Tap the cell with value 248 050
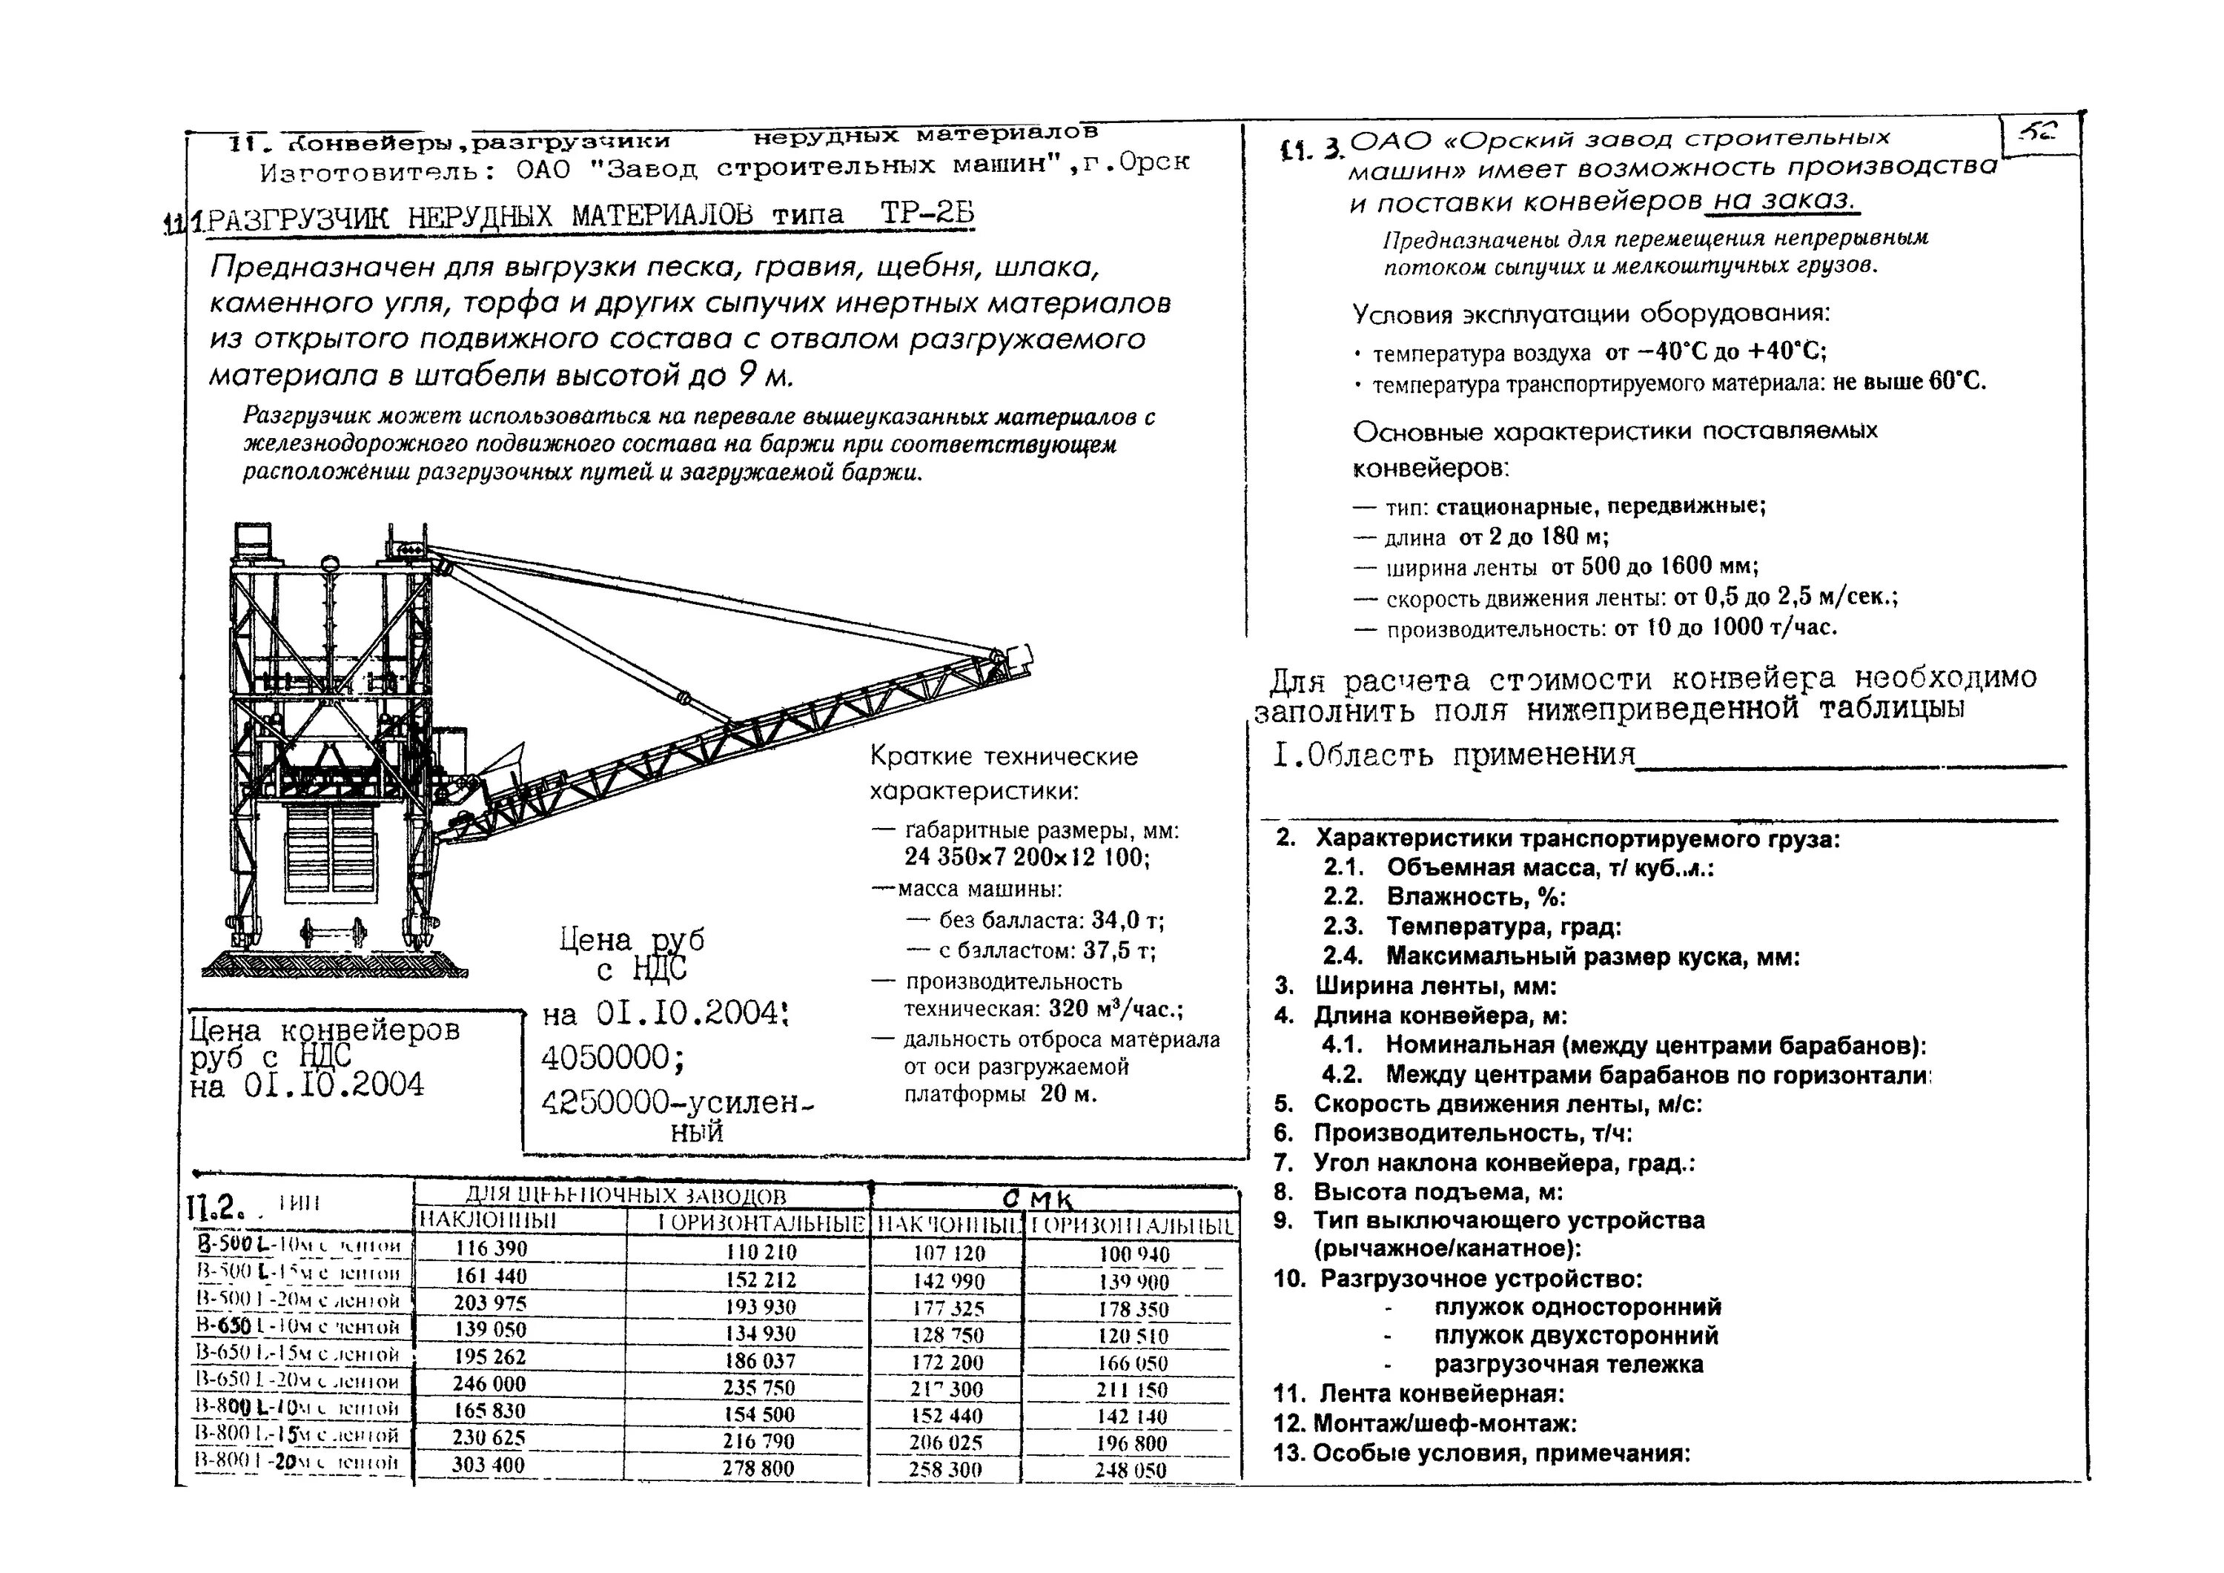pos(1131,1470)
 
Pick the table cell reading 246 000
pos(489,1384)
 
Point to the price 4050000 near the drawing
pos(612,1058)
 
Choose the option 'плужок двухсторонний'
pos(1576,1336)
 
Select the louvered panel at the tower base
pos(331,850)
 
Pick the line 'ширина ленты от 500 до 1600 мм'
pos(1571,566)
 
